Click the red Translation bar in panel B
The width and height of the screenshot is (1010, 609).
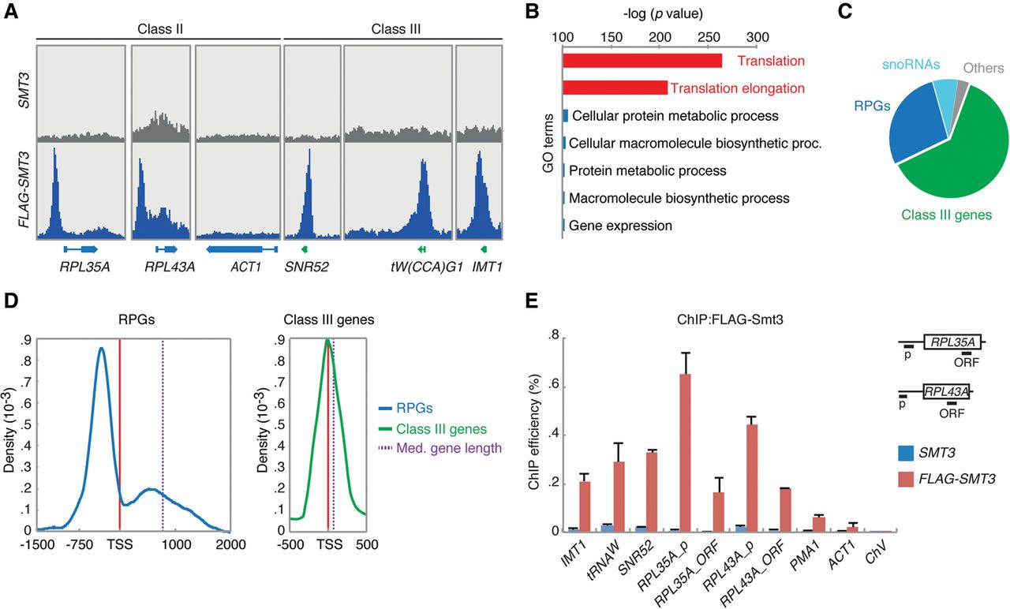coord(642,61)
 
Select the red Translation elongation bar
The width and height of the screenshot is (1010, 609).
coord(615,88)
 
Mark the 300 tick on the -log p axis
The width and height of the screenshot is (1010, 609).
coord(757,37)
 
